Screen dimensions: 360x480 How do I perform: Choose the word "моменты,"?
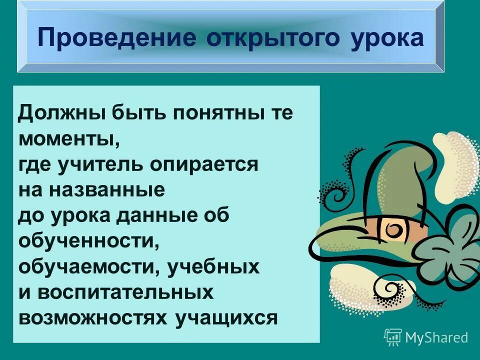pos(69,138)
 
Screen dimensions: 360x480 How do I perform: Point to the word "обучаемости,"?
pos(86,267)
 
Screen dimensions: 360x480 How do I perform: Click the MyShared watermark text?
pos(437,337)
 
